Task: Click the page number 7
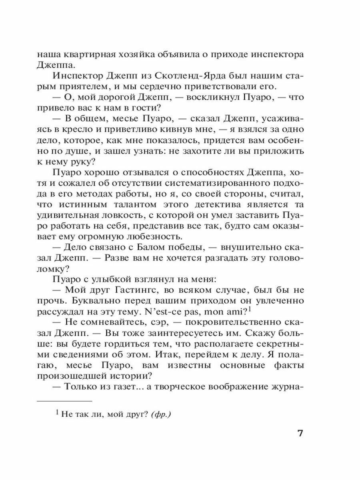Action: [x=301, y=434]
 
